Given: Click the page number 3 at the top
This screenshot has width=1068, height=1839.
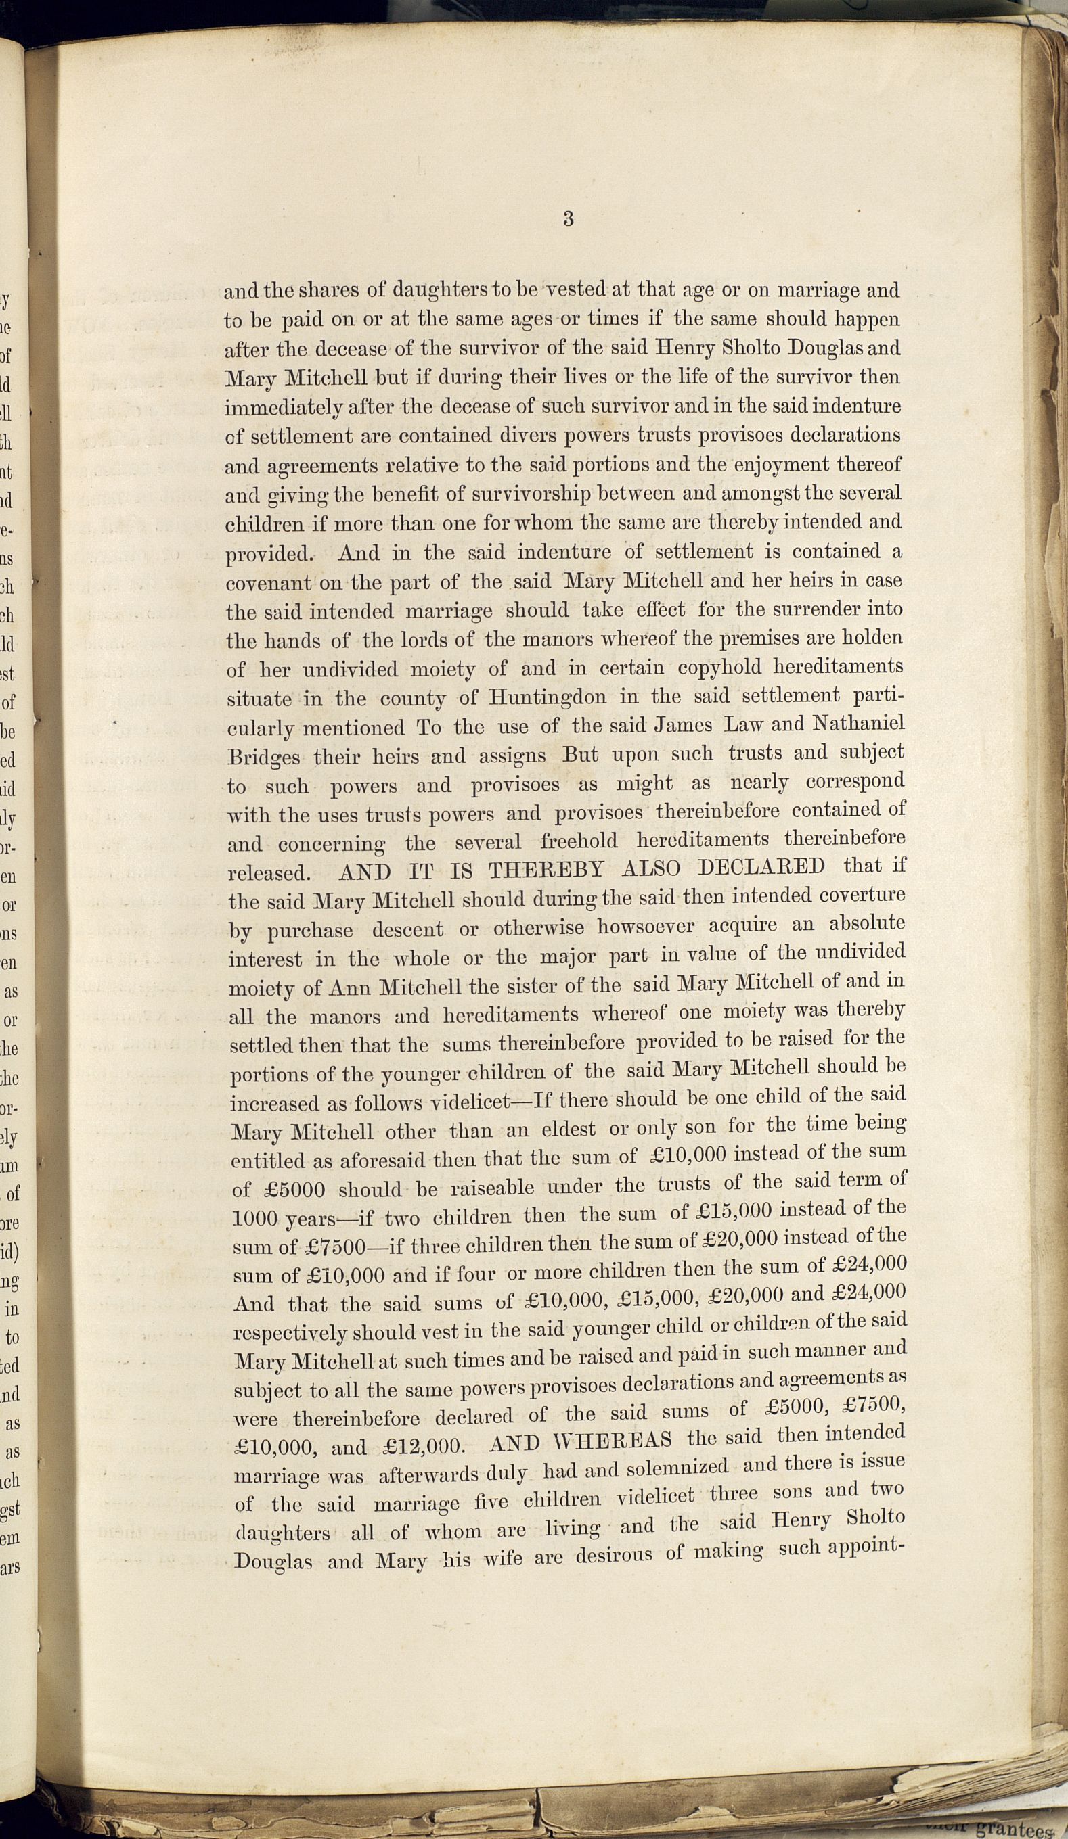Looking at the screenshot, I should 568,218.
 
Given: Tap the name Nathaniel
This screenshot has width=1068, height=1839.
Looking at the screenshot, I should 858,724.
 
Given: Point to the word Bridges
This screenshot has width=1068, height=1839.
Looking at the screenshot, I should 263,757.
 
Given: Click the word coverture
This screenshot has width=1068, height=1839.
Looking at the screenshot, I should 862,895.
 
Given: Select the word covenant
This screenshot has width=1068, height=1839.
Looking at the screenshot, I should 269,584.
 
